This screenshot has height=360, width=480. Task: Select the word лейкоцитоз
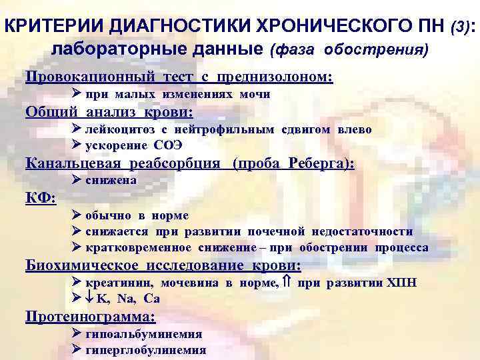(122, 129)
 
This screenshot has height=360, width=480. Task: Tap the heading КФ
(40, 198)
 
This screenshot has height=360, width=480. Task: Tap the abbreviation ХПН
(402, 283)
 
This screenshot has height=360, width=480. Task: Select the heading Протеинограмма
(90, 317)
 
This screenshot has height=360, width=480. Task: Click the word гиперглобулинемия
(146, 350)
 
